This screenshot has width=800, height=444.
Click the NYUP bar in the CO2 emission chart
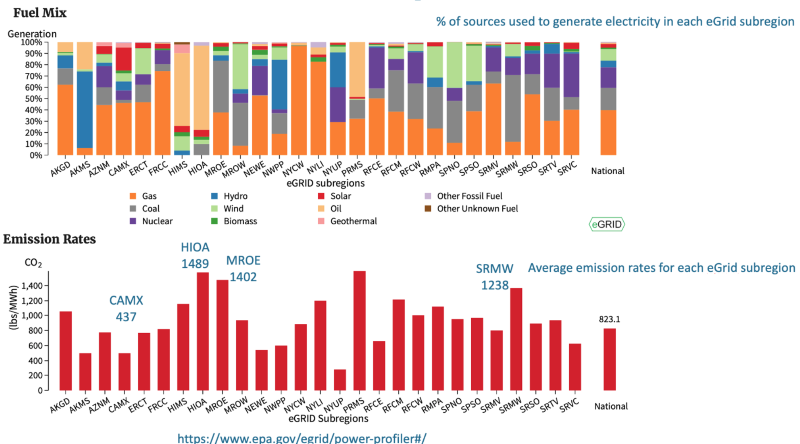[339, 380]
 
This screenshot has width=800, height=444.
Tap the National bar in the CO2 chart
[609, 359]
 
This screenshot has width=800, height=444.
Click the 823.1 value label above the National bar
[609, 319]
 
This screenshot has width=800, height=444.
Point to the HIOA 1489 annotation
[195, 256]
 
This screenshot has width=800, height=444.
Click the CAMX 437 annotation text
[126, 309]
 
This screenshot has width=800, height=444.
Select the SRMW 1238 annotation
[494, 277]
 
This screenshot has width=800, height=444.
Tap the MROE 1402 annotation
[243, 269]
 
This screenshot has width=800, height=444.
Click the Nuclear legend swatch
[133, 221]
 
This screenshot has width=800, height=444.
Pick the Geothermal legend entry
[353, 221]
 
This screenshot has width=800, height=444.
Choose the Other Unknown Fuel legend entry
[477, 209]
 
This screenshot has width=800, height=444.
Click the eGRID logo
[607, 224]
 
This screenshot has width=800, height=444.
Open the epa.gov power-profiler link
[302, 438]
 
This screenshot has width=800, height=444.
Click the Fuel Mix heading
[40, 13]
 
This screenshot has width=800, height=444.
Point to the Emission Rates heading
[49, 239]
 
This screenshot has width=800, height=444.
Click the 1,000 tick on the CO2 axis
[32, 316]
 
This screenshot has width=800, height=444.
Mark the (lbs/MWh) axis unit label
[13, 307]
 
